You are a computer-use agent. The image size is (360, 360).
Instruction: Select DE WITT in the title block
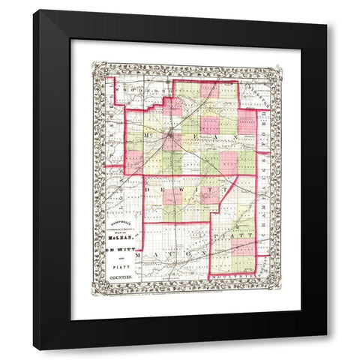(x=120, y=252)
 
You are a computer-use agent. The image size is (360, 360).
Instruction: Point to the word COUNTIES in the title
(x=120, y=277)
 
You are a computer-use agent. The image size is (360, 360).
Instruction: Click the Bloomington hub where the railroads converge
(x=172, y=137)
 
